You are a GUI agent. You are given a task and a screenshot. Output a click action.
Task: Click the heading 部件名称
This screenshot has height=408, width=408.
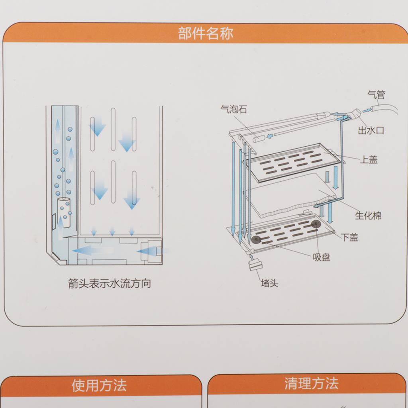[x=205, y=33]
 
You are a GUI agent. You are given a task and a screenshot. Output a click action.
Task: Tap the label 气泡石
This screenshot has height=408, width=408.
[x=233, y=109]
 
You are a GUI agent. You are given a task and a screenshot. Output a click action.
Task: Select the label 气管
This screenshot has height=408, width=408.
[x=376, y=94]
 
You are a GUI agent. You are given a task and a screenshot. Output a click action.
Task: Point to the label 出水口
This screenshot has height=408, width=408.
[x=371, y=130]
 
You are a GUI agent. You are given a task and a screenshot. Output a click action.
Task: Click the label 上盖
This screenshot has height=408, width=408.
[x=369, y=159]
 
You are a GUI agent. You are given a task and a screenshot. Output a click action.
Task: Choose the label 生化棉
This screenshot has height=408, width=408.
[x=368, y=216]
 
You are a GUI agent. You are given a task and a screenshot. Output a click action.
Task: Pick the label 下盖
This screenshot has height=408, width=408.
[x=349, y=237]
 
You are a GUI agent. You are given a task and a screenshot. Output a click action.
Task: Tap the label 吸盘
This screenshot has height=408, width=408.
[x=322, y=257]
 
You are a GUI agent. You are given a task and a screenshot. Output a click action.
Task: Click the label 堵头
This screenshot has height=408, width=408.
[x=269, y=283]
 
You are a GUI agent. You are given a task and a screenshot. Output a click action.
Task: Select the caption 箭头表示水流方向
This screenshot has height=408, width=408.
[x=110, y=283]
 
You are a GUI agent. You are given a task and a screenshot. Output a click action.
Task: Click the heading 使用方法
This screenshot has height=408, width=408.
[x=99, y=385]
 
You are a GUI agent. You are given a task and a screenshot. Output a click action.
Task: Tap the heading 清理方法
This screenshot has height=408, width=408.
[x=311, y=384]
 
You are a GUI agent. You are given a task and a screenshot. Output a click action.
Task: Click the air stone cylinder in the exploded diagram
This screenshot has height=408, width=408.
[x=259, y=139]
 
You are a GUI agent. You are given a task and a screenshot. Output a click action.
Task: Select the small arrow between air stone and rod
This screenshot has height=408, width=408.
[x=271, y=135]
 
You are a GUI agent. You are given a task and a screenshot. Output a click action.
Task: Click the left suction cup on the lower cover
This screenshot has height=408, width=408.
[x=256, y=239]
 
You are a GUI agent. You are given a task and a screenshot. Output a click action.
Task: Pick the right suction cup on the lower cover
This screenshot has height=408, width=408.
[x=316, y=224]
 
